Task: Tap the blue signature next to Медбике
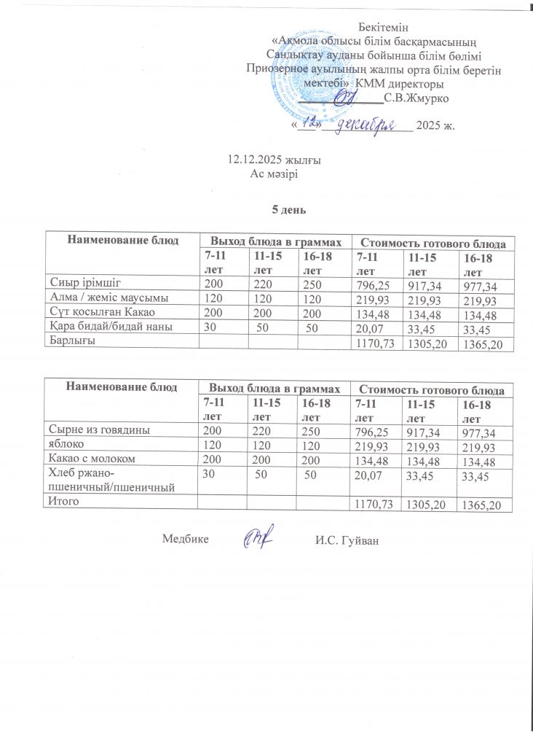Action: pyautogui.click(x=258, y=538)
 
